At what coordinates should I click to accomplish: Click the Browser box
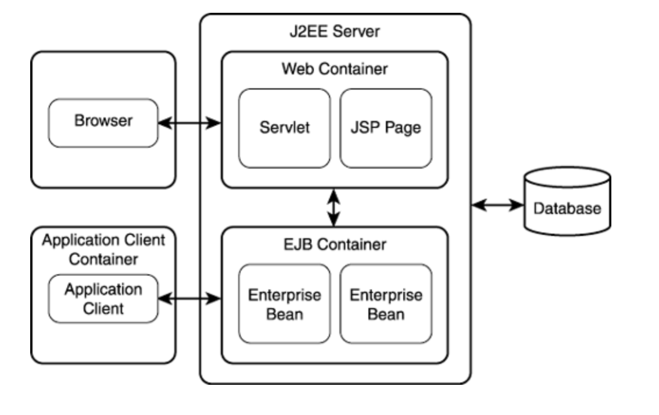pyautogui.click(x=103, y=122)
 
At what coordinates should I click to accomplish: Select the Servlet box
pyautogui.click(x=284, y=128)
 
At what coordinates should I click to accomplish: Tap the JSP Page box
pyautogui.click(x=385, y=128)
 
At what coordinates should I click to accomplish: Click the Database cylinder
pyautogui.click(x=567, y=201)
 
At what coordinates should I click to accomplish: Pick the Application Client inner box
pyautogui.click(x=103, y=298)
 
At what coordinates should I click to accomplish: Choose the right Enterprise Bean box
pyautogui.click(x=385, y=304)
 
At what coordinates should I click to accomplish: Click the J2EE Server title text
pyautogui.click(x=335, y=31)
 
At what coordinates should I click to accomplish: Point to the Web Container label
pyautogui.click(x=335, y=69)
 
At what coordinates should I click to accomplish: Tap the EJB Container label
pyautogui.click(x=335, y=244)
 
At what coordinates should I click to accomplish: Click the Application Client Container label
pyautogui.click(x=103, y=249)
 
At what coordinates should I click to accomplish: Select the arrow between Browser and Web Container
pyautogui.click(x=189, y=122)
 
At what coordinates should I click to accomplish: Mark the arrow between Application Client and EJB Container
pyautogui.click(x=189, y=299)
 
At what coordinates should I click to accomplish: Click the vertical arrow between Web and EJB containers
pyautogui.click(x=334, y=208)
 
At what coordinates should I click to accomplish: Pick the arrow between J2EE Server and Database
pyautogui.click(x=497, y=205)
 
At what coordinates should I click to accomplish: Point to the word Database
pyautogui.click(x=567, y=208)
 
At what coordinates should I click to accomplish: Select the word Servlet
pyautogui.click(x=284, y=128)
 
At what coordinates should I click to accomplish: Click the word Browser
pyautogui.click(x=103, y=121)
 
